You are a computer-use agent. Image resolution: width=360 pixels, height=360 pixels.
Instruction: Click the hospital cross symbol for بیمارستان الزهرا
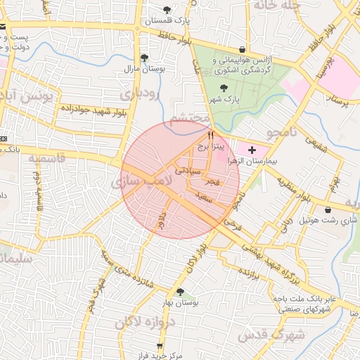click(x=252, y=150)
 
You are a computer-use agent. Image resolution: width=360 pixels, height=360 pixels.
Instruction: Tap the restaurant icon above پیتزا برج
click(x=210, y=134)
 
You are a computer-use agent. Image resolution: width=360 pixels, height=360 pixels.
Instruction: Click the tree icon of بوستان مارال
click(x=144, y=58)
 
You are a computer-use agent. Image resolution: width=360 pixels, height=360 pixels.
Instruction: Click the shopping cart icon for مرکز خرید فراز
click(x=160, y=345)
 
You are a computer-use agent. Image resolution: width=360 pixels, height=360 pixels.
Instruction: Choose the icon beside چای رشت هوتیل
click(x=328, y=210)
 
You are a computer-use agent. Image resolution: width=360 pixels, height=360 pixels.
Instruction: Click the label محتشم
click(x=186, y=115)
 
